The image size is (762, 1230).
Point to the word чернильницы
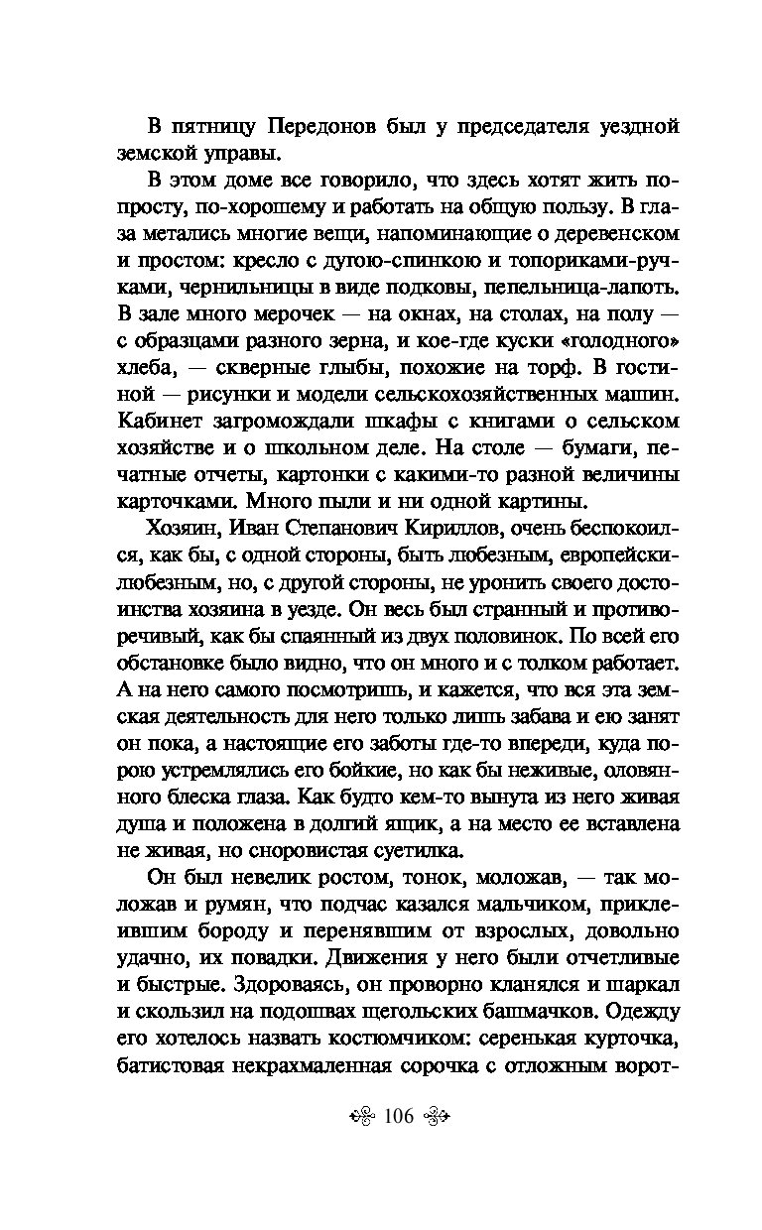point(234,287)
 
